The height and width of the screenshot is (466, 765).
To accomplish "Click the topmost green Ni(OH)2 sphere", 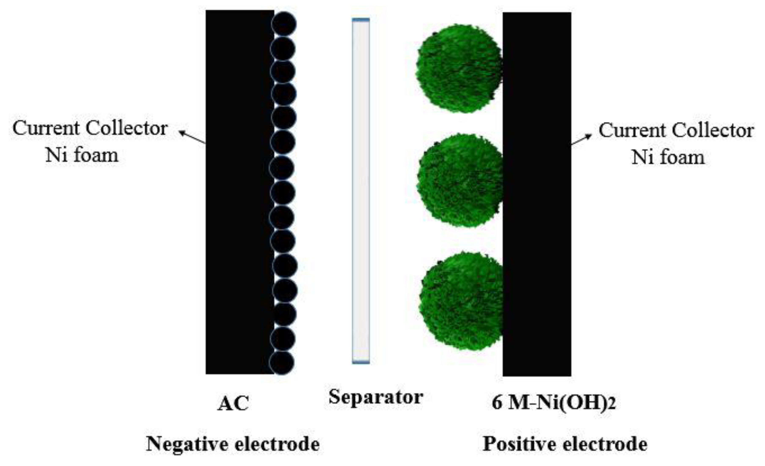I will [x=459, y=68].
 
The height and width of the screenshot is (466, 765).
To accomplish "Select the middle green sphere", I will [x=460, y=180].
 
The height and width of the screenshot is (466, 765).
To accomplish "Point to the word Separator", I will [x=376, y=397].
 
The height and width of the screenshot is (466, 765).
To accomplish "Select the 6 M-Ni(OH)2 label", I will [x=554, y=403].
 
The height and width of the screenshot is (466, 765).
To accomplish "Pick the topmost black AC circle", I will [x=284, y=24].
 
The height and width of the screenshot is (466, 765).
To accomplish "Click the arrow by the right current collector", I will [x=581, y=140].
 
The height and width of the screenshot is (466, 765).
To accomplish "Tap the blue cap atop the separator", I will [x=361, y=20].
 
